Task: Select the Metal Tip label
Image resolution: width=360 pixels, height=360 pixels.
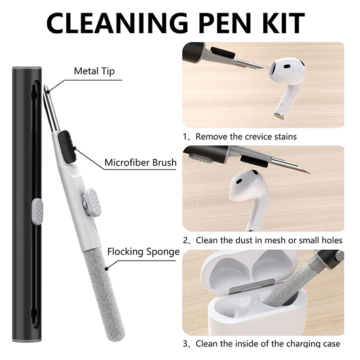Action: [x=94, y=71]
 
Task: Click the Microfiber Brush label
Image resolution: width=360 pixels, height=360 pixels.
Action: [x=140, y=162]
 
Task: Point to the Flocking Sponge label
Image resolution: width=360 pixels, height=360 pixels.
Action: [x=144, y=252]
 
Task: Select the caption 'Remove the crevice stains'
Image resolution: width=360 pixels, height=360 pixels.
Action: [x=246, y=137]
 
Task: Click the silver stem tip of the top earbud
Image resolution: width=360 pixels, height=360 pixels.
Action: [x=279, y=117]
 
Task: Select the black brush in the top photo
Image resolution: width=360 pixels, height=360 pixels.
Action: [x=223, y=53]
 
